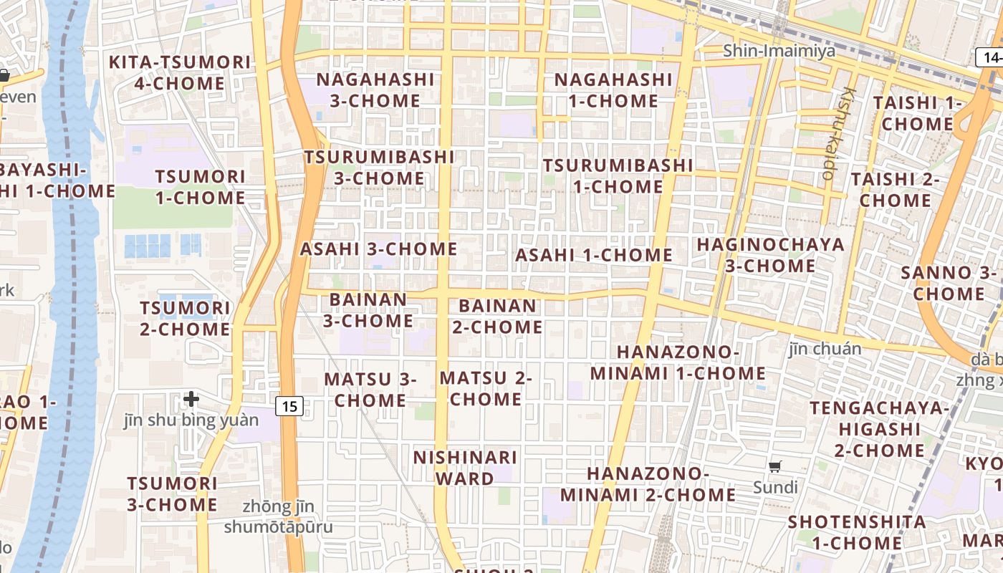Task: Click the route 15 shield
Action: click(x=289, y=407)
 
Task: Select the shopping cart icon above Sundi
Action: click(x=774, y=467)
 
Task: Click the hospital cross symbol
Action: click(x=191, y=399)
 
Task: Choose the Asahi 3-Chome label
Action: click(x=378, y=249)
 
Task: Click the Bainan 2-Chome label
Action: click(x=497, y=317)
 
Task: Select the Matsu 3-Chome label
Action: click(x=370, y=390)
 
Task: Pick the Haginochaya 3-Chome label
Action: click(x=771, y=255)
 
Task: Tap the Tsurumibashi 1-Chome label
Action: click(x=618, y=176)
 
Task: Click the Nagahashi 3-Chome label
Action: click(x=375, y=90)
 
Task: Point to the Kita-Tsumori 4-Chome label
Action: click(x=180, y=72)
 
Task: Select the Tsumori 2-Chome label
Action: click(x=185, y=319)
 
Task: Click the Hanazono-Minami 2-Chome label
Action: click(x=648, y=484)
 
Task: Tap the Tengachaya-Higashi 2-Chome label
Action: click(x=879, y=429)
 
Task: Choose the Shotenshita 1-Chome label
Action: click(x=856, y=532)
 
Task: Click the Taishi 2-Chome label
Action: click(x=895, y=190)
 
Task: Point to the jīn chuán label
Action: click(x=825, y=349)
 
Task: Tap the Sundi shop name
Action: click(x=775, y=488)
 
